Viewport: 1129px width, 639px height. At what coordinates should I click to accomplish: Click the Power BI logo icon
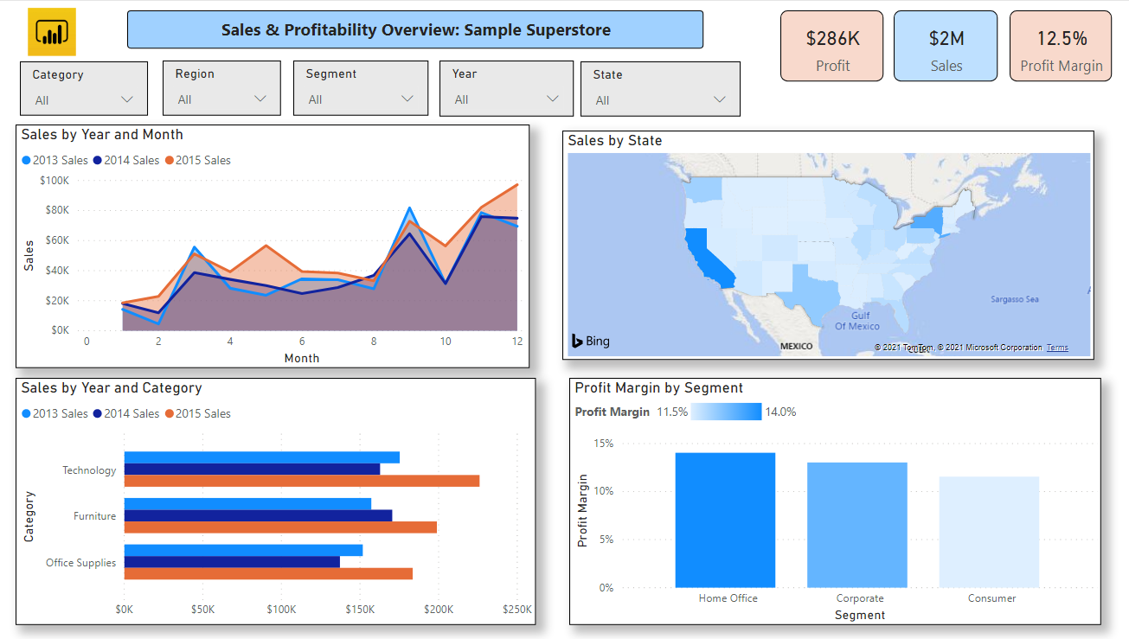(52, 32)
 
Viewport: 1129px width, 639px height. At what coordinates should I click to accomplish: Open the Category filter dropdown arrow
(128, 99)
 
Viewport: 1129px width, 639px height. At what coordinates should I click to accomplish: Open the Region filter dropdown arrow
(260, 99)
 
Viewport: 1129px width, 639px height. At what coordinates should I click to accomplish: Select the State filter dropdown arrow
(719, 99)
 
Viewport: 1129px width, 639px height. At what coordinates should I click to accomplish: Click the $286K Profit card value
(832, 38)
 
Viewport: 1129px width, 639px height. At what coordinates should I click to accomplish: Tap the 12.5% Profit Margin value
(1062, 38)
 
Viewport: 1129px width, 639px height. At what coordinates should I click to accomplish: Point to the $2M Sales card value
(946, 38)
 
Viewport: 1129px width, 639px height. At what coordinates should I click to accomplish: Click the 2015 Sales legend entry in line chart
(198, 160)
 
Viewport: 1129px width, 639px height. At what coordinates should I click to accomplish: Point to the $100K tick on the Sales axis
(55, 180)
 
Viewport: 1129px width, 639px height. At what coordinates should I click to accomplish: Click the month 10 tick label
(446, 342)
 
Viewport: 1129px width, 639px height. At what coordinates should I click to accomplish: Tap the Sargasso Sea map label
(1014, 299)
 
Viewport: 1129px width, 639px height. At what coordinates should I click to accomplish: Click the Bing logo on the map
(591, 341)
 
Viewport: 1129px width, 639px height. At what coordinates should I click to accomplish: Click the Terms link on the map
(1056, 348)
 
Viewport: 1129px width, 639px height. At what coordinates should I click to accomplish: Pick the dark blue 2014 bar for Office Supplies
(232, 562)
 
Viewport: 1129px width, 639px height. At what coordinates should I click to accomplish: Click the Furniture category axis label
(94, 516)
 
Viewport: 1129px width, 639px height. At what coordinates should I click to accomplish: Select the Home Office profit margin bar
(725, 520)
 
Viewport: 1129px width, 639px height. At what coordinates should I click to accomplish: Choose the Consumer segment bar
(989, 532)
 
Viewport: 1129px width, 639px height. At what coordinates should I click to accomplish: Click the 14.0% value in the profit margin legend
(780, 412)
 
